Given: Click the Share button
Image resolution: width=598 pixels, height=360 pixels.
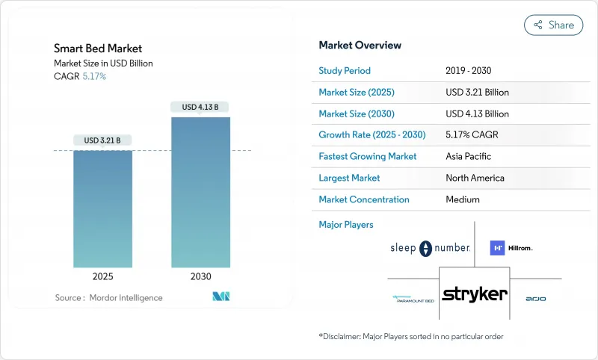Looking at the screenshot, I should click(553, 25).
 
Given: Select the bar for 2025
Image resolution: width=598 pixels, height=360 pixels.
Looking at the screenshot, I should click(102, 209).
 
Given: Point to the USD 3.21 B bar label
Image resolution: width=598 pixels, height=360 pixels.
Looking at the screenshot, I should click(102, 140).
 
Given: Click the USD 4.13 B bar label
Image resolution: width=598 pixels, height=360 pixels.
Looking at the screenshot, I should click(200, 107).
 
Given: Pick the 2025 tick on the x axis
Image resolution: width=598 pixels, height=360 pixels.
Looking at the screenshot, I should click(102, 276).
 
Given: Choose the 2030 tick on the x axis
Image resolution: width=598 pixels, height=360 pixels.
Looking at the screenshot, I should click(200, 276).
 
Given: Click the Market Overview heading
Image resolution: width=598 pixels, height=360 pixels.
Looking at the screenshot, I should click(360, 46).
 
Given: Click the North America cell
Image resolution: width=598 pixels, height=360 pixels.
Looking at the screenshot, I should click(475, 178).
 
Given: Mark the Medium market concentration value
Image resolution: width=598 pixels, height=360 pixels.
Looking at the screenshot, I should click(462, 199).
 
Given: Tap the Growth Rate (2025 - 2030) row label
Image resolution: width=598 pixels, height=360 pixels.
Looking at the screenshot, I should click(372, 135).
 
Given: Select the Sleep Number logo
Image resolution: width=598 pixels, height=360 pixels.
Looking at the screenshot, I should click(429, 248).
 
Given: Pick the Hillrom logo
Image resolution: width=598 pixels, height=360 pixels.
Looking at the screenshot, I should click(511, 248).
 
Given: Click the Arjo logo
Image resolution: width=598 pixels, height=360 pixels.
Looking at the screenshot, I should click(535, 299).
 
